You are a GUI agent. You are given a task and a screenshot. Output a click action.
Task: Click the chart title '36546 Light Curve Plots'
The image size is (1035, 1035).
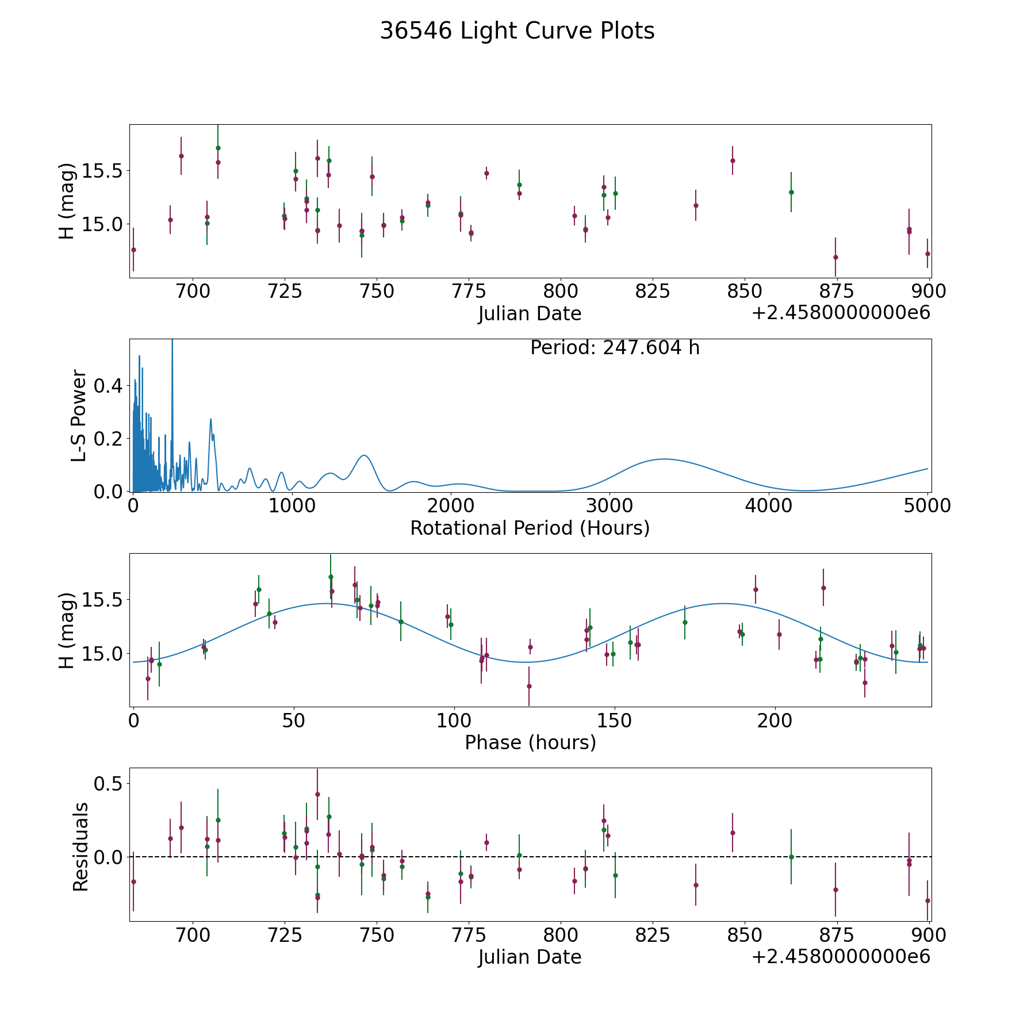pos(517,31)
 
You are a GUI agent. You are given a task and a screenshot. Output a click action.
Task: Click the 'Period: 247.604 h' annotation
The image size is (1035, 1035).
pos(615,348)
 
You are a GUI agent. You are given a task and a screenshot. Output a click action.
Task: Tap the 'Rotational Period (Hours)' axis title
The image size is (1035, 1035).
pos(530,528)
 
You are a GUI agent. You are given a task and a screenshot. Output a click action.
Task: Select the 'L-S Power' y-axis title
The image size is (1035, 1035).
pos(79,416)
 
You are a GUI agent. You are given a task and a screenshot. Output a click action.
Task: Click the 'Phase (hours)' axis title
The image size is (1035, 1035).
pos(530,742)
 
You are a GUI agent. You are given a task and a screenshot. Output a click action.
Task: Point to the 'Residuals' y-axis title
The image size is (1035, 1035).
pos(80,846)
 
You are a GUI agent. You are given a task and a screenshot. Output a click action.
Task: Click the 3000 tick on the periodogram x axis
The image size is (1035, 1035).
pos(609,505)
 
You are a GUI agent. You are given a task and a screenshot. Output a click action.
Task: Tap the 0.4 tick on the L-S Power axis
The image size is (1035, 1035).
pos(109,385)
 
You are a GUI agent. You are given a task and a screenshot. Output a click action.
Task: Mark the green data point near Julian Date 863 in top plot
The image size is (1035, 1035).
pos(791,192)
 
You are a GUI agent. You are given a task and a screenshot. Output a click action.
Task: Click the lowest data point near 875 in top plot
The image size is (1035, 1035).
pos(835,257)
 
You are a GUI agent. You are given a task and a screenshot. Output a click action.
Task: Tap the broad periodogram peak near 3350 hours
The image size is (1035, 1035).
pos(664,459)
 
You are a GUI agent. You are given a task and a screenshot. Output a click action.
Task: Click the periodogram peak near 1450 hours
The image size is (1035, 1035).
pos(364,455)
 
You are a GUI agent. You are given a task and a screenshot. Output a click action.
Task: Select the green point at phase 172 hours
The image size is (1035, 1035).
pos(685,622)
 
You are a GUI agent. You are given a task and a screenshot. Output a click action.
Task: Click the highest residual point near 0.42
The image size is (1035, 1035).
pos(317,794)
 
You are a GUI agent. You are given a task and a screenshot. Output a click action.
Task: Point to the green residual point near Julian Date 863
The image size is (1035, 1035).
pos(791,857)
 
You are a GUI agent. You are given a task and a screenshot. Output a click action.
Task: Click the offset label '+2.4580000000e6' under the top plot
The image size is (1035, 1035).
pos(841,313)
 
